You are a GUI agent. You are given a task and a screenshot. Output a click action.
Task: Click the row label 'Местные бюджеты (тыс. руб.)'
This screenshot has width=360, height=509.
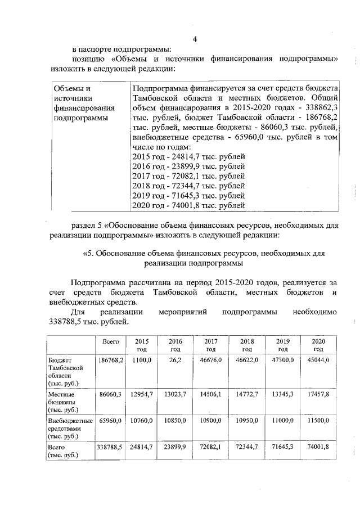click(64, 402)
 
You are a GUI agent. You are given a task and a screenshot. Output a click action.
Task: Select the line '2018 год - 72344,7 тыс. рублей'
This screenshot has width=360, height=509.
click(188, 186)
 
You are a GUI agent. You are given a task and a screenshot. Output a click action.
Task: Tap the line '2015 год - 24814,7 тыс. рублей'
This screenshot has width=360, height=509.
click(188, 157)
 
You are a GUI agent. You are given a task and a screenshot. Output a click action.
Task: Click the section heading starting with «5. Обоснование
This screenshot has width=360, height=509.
click(204, 253)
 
